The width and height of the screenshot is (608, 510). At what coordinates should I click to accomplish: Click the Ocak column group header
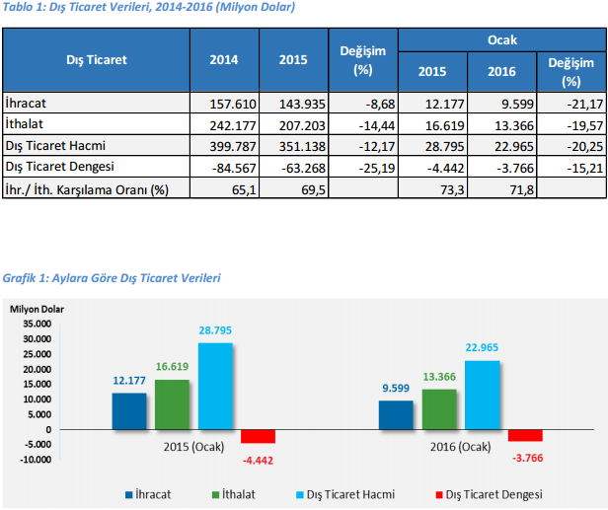(x=501, y=40)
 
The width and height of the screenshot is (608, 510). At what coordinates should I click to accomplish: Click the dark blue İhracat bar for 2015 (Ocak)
(x=129, y=411)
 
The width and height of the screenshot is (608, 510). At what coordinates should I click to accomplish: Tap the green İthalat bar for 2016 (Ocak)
(x=439, y=408)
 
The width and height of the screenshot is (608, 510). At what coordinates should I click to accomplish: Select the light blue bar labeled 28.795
(x=215, y=386)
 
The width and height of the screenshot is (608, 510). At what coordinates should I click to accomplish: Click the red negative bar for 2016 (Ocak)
(x=525, y=435)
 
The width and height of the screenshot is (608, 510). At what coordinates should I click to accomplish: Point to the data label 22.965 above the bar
(x=483, y=350)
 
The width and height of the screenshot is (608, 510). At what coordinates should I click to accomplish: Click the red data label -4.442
(x=259, y=459)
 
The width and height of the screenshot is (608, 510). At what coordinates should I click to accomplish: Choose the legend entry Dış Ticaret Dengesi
(x=494, y=493)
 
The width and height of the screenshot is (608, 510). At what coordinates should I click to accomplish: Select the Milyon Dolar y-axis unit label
(x=38, y=309)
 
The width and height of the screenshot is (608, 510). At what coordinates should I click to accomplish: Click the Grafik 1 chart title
(x=112, y=279)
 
